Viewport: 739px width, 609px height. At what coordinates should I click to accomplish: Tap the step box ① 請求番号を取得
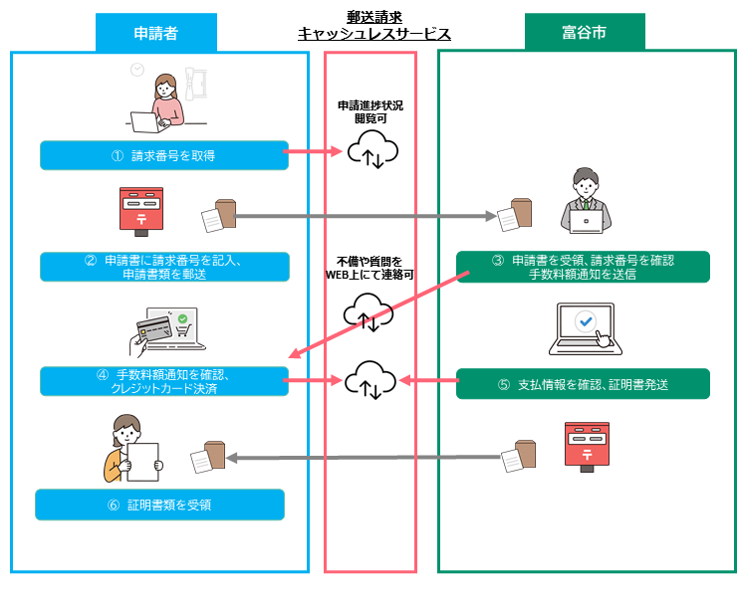(x=164, y=155)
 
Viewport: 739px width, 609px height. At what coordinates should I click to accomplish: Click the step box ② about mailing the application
(x=164, y=267)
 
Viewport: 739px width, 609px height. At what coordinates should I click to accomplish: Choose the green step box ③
(x=583, y=267)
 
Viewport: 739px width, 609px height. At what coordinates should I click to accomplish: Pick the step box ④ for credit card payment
(x=164, y=381)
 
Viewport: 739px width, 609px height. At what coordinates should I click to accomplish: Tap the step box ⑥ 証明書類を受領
(x=159, y=505)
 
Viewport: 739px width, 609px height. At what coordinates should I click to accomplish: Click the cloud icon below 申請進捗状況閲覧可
(x=371, y=152)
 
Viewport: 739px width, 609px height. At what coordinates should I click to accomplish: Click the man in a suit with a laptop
(x=586, y=202)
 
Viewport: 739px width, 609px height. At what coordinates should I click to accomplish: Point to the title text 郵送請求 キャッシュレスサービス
(x=374, y=26)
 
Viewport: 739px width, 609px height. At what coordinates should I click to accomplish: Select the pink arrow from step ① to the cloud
(x=314, y=152)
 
